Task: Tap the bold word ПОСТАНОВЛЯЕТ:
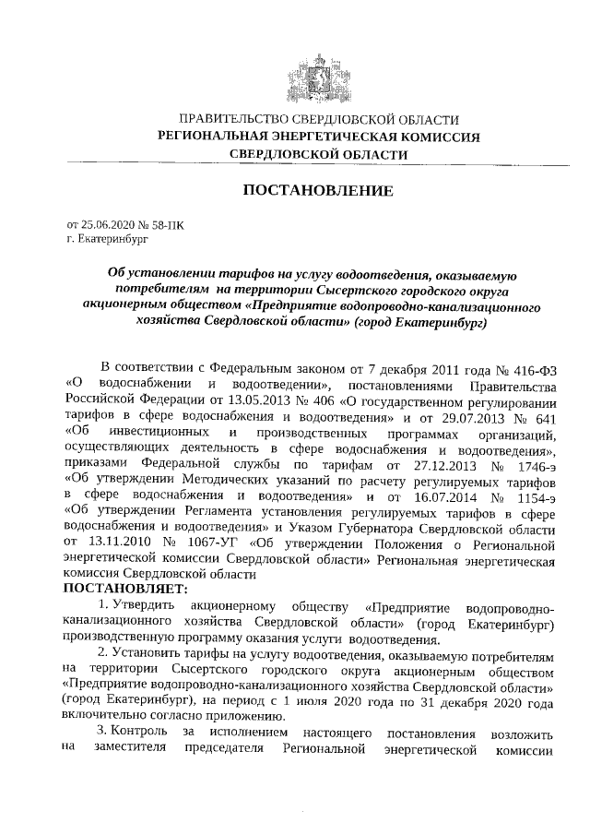tap(126, 587)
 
